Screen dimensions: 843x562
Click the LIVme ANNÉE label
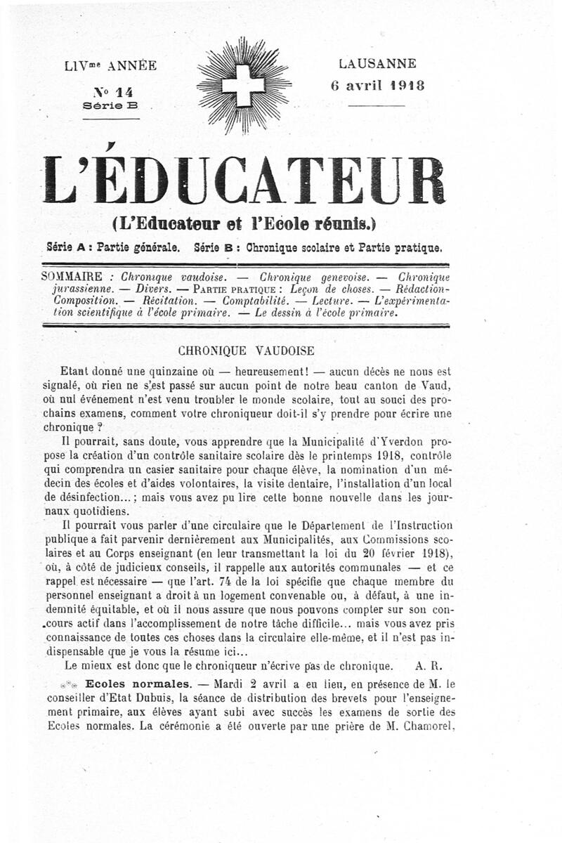tap(110, 66)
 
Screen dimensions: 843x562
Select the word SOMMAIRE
tap(72, 277)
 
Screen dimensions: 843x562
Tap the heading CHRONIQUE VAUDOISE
tap(246, 349)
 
